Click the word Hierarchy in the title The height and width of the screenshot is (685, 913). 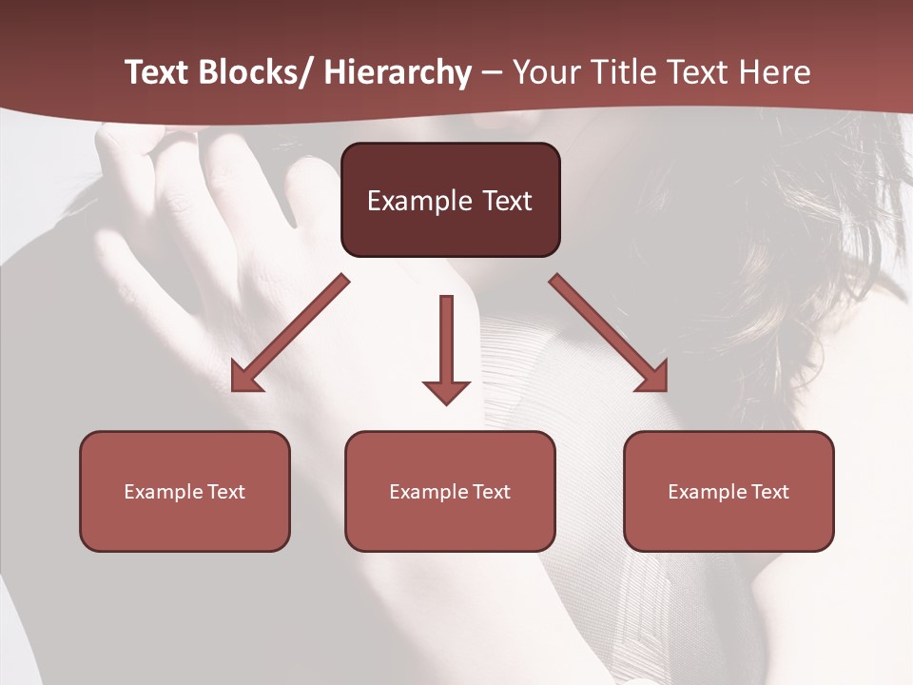tap(398, 72)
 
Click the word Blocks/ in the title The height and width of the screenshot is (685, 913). tap(252, 72)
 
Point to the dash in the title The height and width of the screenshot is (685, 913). tap(492, 72)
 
